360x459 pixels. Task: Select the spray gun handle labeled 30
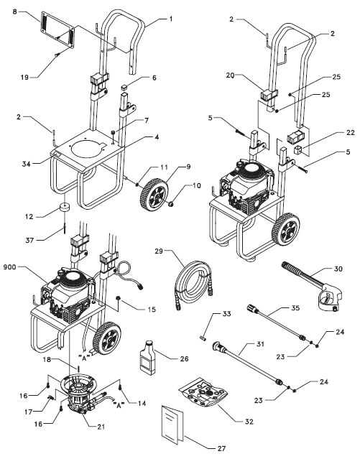tap(309, 287)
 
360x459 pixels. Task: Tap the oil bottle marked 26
tap(147, 354)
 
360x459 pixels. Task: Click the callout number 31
tap(270, 343)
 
